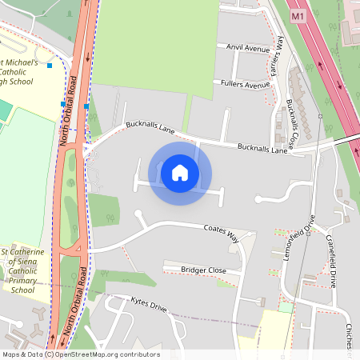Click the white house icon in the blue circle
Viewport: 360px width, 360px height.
[x=180, y=172]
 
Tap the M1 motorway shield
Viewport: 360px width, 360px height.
[x=298, y=16]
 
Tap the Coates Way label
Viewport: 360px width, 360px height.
[x=221, y=230]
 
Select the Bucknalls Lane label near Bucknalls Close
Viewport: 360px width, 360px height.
[x=262, y=149]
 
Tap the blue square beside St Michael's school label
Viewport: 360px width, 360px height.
[x=50, y=65]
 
